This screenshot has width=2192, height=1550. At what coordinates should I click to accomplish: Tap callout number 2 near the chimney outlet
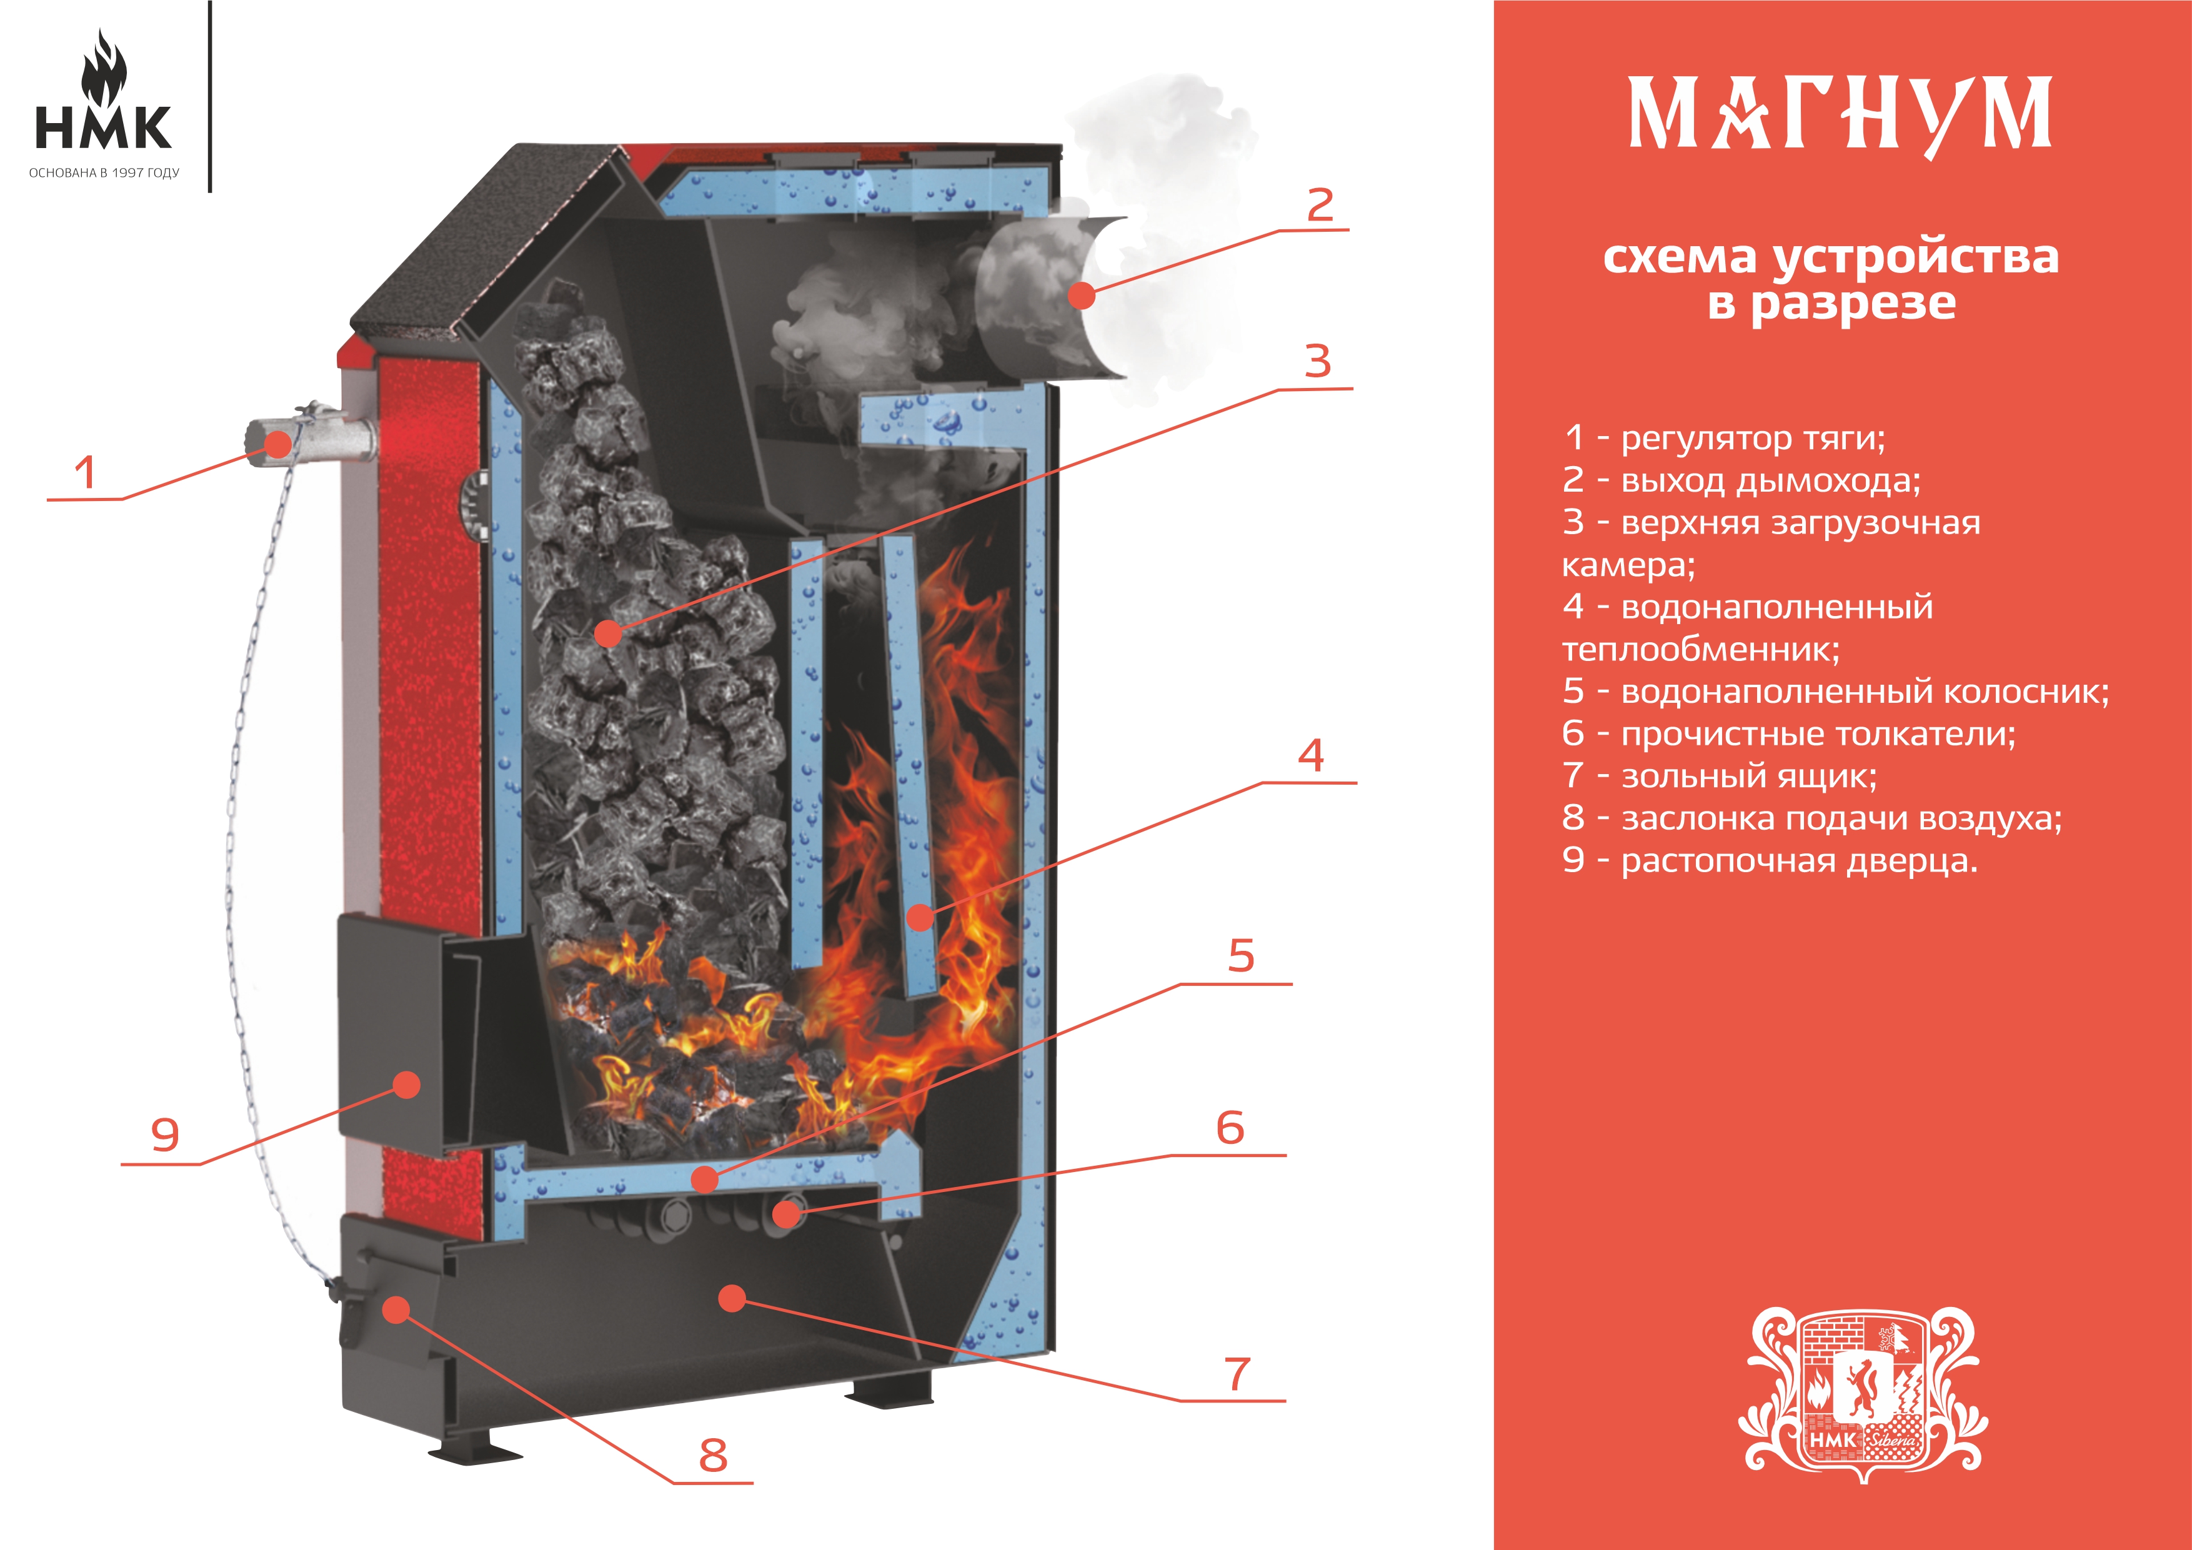tap(1320, 205)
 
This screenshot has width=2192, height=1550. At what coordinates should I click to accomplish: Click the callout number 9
tap(165, 1135)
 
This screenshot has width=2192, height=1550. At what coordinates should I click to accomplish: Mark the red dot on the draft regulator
tap(279, 443)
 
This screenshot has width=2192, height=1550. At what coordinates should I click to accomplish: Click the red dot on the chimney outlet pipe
tap(1081, 296)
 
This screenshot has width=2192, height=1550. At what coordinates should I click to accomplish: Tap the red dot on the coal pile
tap(607, 632)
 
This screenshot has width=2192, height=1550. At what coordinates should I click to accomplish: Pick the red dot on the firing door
tap(407, 1084)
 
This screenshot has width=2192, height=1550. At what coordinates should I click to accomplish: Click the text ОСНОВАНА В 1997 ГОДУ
tap(104, 173)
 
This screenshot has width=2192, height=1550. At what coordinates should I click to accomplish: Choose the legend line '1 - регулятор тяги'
tap(1724, 438)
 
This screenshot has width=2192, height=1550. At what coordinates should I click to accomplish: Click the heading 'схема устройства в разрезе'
tap(1831, 281)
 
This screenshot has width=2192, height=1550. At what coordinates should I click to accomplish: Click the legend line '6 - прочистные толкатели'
tap(1789, 734)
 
